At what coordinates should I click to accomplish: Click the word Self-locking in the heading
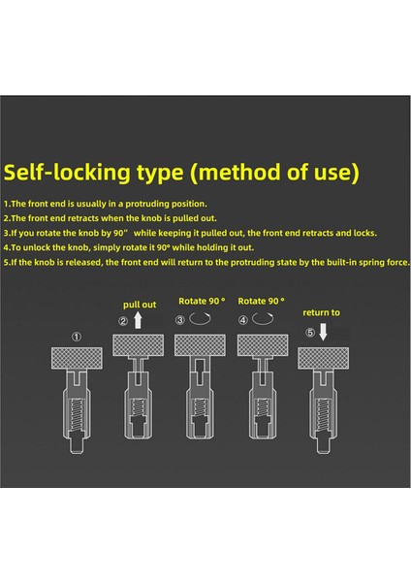[x=67, y=173]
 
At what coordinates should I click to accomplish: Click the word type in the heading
[x=160, y=174]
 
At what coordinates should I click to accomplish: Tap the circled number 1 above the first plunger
[x=77, y=337]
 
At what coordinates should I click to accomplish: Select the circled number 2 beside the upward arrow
[x=123, y=321]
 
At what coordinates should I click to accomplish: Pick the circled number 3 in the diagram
[x=180, y=320]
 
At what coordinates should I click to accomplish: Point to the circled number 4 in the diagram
[x=243, y=320]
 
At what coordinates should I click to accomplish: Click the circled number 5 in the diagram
[x=310, y=333]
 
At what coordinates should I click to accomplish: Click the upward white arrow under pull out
[x=138, y=320]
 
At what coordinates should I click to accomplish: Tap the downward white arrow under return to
[x=324, y=332]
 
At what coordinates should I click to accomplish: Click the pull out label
[x=140, y=305]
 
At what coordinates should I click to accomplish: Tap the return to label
[x=321, y=312]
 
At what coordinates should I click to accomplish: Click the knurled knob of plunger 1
[x=77, y=358]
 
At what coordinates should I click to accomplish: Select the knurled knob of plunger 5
[x=323, y=358]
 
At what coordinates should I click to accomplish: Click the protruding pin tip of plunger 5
[x=323, y=445]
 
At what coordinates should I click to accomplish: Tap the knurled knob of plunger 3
[x=200, y=345]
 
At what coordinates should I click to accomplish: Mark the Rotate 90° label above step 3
[x=202, y=301]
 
